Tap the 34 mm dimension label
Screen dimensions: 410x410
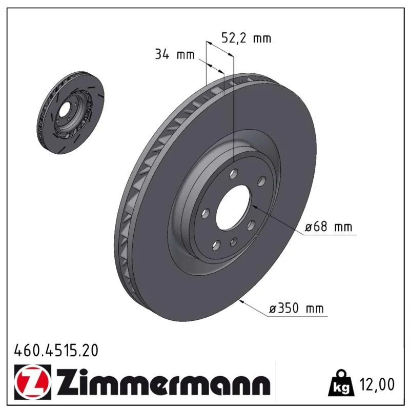tap(175, 55)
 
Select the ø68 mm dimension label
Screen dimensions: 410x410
tap(329, 227)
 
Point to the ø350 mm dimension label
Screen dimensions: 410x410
tap(296, 309)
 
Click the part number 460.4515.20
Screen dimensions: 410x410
tap(56, 351)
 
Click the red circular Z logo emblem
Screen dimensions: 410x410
tap(33, 382)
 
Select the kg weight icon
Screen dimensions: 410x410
tap(341, 383)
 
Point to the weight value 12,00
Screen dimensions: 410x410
tap(377, 384)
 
